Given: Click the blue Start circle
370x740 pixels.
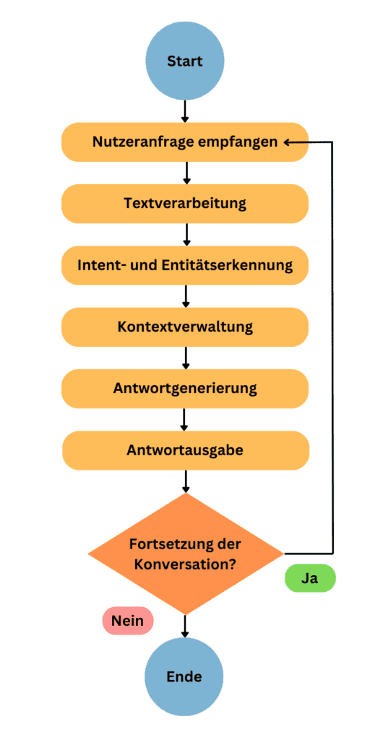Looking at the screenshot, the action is coord(185,61).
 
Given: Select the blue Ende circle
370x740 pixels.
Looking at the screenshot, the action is coord(184,677).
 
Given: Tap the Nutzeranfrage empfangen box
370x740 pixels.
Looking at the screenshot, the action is coord(185,142).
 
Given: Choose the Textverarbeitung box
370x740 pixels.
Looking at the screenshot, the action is coord(185,204).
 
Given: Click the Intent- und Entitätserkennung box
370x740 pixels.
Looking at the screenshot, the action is coord(185,265).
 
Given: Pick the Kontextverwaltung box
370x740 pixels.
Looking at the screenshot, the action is coord(185,327).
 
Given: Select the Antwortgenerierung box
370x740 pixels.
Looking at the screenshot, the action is coord(185,389).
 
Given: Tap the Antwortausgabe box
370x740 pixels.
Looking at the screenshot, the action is coord(186,450).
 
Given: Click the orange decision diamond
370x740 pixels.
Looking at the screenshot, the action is coord(186,554).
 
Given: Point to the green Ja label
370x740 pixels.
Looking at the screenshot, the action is coord(310,579).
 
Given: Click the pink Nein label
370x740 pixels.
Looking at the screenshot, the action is coord(127,621).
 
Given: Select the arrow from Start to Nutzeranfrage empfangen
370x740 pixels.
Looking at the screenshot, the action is coord(185,112).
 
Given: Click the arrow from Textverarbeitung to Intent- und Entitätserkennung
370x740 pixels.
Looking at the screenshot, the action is coord(186,235).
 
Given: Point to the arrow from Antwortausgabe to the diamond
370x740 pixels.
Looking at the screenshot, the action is coord(186,481).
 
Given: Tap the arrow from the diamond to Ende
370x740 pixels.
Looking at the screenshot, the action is coord(185,626).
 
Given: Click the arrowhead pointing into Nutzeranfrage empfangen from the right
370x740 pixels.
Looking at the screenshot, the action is coord(288,142).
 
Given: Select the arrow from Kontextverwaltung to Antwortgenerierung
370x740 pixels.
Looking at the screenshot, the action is coord(186,358).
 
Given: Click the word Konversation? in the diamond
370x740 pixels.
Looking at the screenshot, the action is coord(186,564).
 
